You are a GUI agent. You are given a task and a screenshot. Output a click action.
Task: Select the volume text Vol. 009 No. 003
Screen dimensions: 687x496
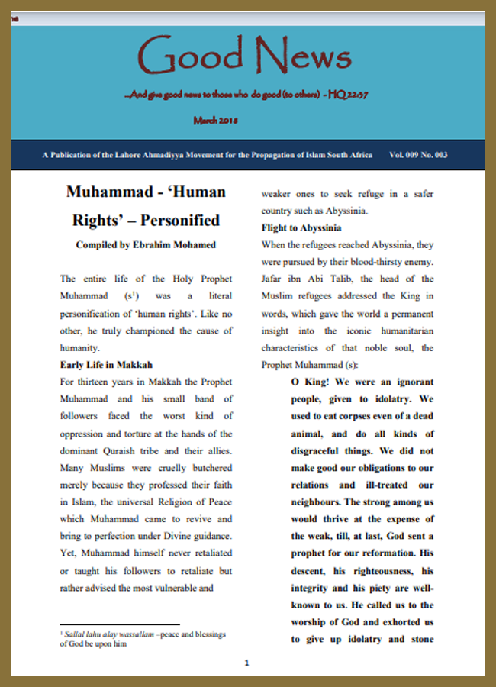coord(418,155)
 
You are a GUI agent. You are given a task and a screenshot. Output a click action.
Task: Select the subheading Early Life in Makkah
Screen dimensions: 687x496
coord(106,364)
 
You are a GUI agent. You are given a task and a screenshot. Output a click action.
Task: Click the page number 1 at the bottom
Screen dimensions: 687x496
coord(246,663)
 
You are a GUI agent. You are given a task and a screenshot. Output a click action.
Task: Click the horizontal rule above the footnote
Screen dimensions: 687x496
coord(120,624)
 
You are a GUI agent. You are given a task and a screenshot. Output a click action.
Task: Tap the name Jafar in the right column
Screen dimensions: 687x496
coord(275,279)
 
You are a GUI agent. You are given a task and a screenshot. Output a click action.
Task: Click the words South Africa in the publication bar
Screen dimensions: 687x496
coord(351,155)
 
